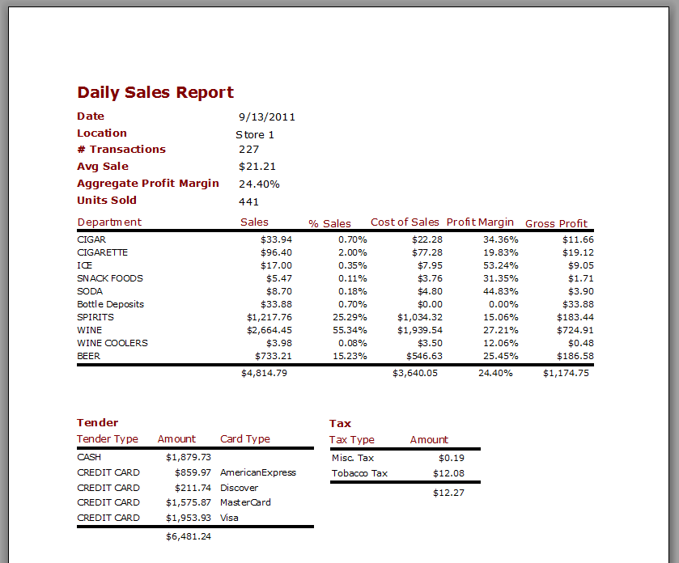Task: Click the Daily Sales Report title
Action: click(155, 92)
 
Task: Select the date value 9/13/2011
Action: click(267, 116)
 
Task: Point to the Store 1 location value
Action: click(255, 134)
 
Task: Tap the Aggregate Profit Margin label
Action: click(148, 183)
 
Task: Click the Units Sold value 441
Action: click(249, 201)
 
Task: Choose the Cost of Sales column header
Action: click(405, 222)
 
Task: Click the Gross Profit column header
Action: click(557, 223)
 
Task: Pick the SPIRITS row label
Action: click(95, 317)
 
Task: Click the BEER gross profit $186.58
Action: click(575, 356)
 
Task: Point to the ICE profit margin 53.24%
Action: click(501, 265)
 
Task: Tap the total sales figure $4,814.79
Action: click(264, 373)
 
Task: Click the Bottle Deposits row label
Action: click(110, 304)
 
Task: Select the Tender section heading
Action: click(97, 422)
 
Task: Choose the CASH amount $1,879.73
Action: click(188, 457)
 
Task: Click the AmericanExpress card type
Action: click(258, 472)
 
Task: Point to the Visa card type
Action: click(229, 518)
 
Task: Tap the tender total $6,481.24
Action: click(188, 536)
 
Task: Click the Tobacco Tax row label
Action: click(359, 473)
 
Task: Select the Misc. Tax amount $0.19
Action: click(451, 458)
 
